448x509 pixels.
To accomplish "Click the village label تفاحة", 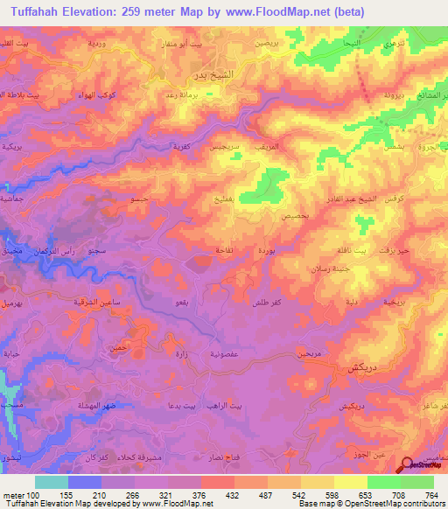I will click(203, 250).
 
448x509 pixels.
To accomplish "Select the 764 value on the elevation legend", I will click(430, 494).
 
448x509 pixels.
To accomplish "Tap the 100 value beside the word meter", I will click(33, 494).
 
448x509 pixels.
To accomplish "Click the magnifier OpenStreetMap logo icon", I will click(409, 467).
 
